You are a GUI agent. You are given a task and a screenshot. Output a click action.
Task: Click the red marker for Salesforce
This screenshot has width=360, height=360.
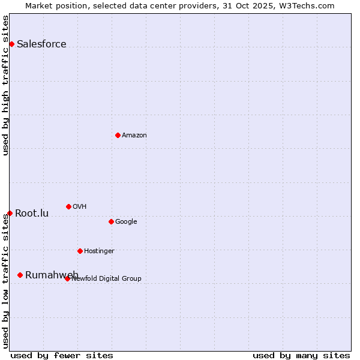(11, 44)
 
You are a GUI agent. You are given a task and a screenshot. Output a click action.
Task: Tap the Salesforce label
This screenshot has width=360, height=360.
(41, 44)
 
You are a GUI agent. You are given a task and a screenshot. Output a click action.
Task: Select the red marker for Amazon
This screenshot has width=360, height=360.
(118, 135)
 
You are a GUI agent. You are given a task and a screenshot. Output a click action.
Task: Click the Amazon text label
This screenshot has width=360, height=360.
(134, 135)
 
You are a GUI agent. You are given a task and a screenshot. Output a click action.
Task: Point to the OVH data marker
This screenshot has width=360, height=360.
(68, 206)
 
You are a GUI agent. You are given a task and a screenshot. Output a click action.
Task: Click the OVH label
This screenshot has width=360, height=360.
(79, 206)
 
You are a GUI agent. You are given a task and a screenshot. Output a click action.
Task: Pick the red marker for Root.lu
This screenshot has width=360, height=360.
(10, 213)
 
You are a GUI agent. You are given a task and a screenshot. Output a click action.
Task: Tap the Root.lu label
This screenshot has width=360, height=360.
(32, 213)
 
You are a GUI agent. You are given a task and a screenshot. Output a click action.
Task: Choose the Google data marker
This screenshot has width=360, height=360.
(111, 221)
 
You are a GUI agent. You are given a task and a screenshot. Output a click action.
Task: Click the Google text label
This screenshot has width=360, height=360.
(126, 221)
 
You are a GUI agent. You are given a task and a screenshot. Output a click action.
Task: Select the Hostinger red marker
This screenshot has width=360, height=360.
(80, 251)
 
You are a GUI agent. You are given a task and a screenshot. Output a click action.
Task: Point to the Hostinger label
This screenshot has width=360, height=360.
(99, 251)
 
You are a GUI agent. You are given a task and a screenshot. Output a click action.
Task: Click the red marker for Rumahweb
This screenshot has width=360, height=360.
(20, 275)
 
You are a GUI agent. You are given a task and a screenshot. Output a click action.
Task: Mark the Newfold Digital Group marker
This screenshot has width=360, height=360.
(67, 278)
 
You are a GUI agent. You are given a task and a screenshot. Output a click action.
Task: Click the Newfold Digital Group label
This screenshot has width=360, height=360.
(106, 278)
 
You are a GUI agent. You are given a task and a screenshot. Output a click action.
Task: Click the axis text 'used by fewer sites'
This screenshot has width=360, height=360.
(62, 355)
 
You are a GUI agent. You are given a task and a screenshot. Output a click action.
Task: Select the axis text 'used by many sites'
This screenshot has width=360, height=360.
(301, 355)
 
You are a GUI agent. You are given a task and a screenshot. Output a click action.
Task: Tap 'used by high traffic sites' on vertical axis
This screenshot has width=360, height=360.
(5, 85)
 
